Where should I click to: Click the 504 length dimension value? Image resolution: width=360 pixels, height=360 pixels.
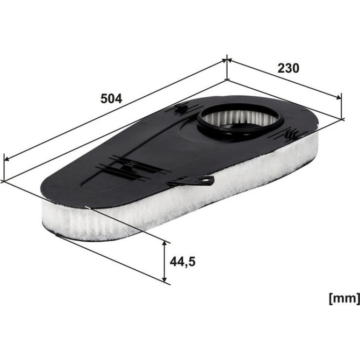pos(111,99)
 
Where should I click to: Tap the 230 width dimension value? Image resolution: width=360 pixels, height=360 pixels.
pos(288,68)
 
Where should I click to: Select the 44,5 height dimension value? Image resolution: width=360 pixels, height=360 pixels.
pos(182,262)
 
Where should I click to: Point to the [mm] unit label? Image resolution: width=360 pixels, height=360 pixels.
pos(345,299)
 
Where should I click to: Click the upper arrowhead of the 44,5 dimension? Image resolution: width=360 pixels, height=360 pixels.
pos(164,244)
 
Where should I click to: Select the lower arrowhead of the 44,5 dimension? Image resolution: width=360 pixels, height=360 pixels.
pos(164,278)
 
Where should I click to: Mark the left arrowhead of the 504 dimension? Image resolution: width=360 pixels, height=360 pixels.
pos(7,159)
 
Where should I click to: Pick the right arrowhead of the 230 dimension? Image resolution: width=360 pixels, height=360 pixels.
pos(338,98)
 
